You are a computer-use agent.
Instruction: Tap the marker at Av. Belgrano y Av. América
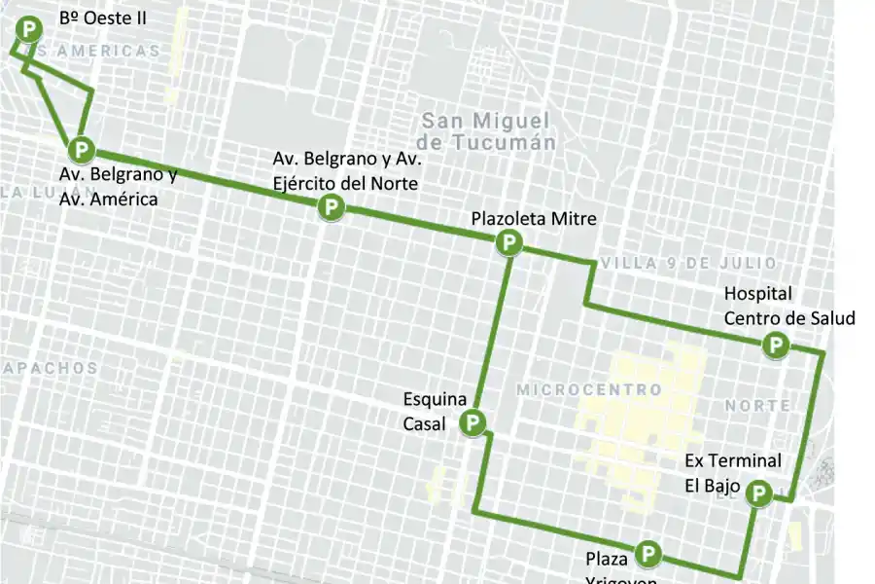pyautogui.click(x=82, y=150)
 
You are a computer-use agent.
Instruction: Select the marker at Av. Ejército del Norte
pyautogui.click(x=332, y=206)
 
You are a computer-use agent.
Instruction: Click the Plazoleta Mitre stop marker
pyautogui.click(x=507, y=242)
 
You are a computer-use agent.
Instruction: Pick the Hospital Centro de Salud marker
pyautogui.click(x=776, y=345)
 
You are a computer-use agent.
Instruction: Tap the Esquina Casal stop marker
pyautogui.click(x=472, y=422)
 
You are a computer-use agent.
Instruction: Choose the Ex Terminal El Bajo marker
pyautogui.click(x=758, y=494)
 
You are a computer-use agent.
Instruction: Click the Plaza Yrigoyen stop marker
pyautogui.click(x=648, y=555)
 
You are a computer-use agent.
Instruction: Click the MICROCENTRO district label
pyautogui.click(x=589, y=389)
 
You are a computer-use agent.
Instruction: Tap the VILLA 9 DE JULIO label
pyautogui.click(x=688, y=264)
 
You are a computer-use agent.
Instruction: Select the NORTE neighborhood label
pyautogui.click(x=756, y=404)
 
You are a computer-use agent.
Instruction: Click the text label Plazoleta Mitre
pyautogui.click(x=534, y=218)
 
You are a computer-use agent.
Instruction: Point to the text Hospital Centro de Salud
pyautogui.click(x=788, y=306)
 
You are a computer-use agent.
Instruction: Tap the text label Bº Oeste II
pyautogui.click(x=103, y=18)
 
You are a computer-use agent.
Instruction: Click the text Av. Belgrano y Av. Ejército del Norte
pyautogui.click(x=345, y=170)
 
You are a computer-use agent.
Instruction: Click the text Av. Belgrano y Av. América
pyautogui.click(x=117, y=187)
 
